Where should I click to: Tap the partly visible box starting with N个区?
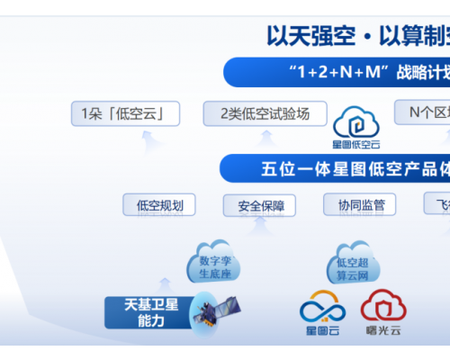click(422, 112)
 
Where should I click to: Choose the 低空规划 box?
click(159, 205)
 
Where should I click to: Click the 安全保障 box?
click(261, 206)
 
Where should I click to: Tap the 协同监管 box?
click(359, 205)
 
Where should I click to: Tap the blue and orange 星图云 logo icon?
click(322, 309)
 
